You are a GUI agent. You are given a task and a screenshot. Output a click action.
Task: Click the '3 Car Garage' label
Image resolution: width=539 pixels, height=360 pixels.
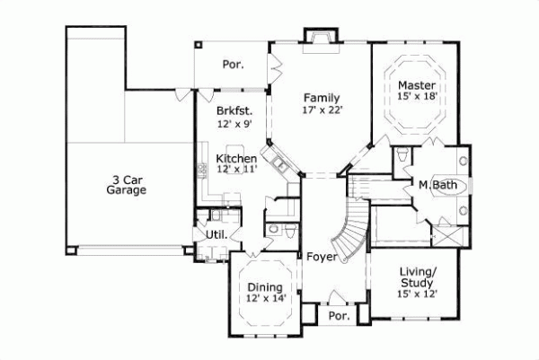[x=126, y=184]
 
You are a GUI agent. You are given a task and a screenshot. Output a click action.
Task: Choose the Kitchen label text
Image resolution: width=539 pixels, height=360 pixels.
[x=236, y=159]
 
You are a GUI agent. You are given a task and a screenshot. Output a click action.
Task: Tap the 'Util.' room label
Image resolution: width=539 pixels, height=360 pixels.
[x=216, y=235]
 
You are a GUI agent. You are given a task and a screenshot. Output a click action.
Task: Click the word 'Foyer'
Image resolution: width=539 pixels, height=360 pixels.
[x=321, y=257]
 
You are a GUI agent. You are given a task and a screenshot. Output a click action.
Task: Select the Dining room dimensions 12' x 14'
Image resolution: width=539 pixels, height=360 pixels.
[x=266, y=298]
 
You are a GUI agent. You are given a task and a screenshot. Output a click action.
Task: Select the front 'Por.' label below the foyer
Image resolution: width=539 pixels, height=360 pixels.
[x=339, y=317]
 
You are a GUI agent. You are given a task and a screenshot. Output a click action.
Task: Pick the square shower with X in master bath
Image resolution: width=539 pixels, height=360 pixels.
[x=446, y=236]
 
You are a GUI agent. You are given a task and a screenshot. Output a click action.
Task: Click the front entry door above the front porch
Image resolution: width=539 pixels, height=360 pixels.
[x=338, y=300]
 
